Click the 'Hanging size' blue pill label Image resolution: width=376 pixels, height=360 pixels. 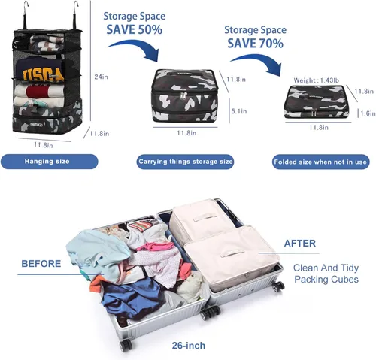49,162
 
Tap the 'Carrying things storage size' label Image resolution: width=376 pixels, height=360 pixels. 185,162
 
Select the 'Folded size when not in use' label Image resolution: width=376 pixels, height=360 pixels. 320,162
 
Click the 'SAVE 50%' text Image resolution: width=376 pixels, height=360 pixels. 135,29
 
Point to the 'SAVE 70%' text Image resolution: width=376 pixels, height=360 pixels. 255,44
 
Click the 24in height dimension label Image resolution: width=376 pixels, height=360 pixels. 101,77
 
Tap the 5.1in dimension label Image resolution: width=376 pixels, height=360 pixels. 239,111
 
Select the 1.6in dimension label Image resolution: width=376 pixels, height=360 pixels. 368,113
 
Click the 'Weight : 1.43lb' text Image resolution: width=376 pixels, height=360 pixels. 317,80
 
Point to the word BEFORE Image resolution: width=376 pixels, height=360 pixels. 41,264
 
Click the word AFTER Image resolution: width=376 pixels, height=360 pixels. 300,244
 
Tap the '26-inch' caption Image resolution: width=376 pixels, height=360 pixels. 189,346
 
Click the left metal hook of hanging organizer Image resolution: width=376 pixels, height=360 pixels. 26,14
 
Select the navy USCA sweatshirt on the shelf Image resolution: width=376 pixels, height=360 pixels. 40,70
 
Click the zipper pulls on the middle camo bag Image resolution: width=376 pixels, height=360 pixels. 184,95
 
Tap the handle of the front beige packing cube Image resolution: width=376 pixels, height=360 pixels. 232,253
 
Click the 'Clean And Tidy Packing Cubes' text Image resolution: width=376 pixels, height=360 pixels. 326,274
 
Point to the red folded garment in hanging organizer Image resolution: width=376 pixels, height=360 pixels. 38,92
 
